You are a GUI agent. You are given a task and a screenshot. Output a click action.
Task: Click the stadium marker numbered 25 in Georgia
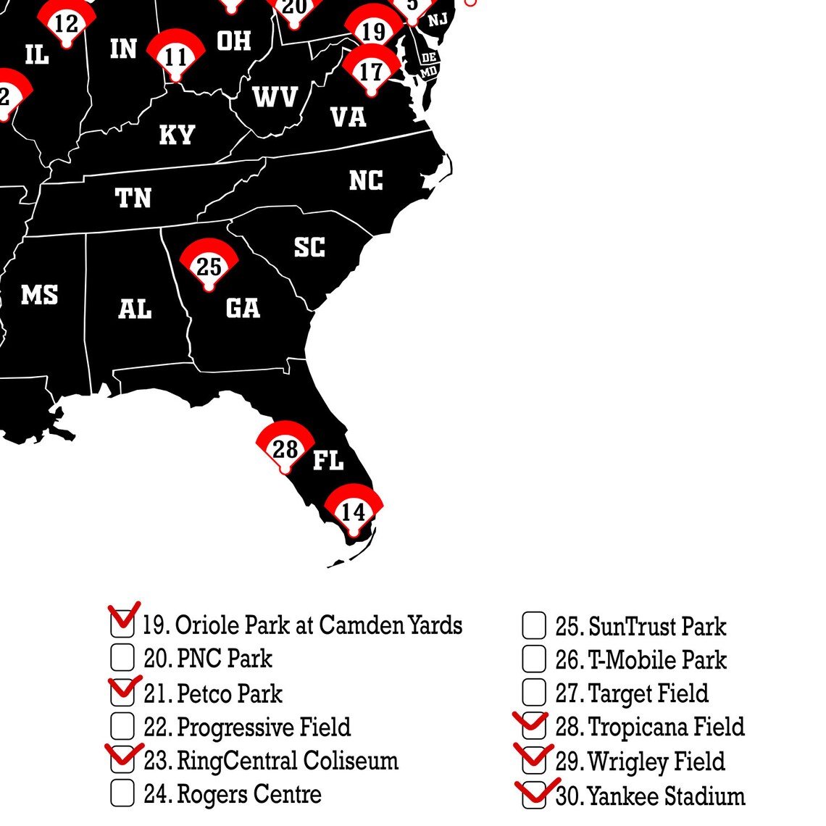(209, 265)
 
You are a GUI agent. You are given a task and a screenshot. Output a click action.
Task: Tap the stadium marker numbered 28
(285, 449)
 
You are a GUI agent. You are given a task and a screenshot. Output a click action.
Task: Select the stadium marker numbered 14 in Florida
(353, 511)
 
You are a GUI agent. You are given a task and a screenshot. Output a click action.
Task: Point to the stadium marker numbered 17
(371, 71)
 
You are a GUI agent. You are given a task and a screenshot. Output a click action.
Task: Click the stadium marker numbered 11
(175, 56)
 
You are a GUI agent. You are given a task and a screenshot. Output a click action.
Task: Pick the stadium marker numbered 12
(66, 23)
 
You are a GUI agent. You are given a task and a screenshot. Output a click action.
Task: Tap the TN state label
(133, 198)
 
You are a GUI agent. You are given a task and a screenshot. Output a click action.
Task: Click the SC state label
(309, 248)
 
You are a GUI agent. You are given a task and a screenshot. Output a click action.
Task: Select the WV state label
(275, 96)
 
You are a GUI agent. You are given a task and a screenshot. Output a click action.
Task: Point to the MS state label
(39, 295)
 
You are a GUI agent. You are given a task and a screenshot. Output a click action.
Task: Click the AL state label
(135, 309)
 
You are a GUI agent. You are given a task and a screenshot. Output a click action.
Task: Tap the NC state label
(366, 180)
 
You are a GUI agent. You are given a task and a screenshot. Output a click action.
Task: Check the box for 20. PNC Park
(122, 658)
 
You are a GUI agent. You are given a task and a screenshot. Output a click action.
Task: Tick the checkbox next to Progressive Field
(122, 726)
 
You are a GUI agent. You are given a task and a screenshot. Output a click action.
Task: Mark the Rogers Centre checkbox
(122, 793)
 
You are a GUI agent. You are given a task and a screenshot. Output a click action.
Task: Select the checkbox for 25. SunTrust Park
(534, 626)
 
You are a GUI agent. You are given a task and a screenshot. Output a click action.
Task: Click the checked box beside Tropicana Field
(534, 726)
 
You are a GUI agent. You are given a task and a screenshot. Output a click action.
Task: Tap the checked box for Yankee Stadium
(534, 794)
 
